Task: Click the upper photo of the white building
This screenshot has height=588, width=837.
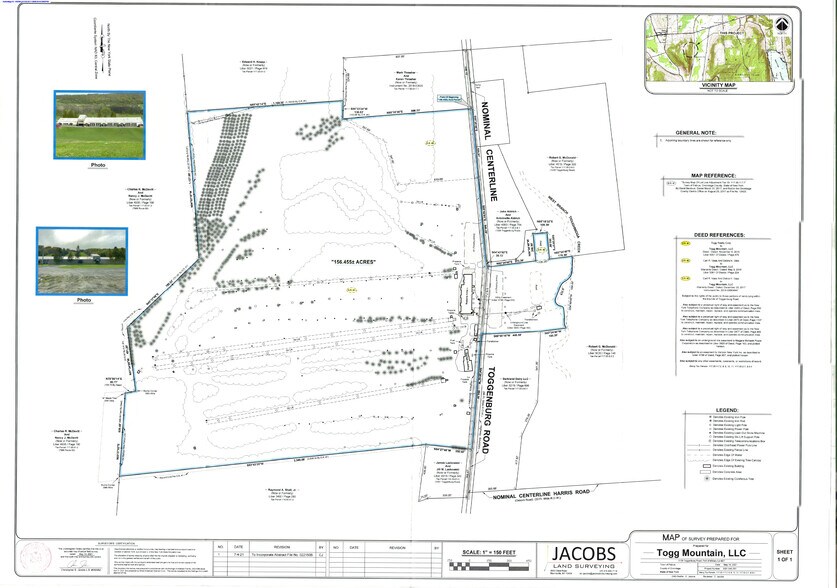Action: pos(99,124)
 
